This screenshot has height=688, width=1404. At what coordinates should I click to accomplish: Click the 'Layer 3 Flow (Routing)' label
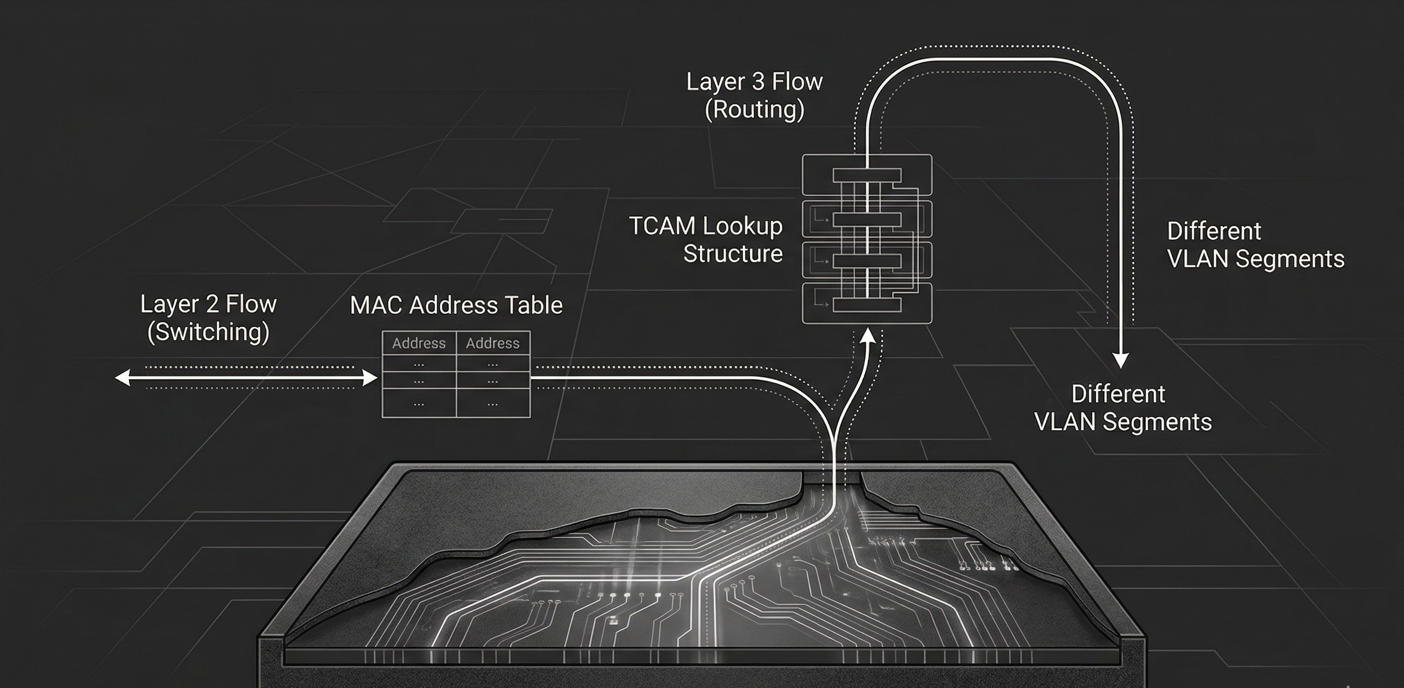pyautogui.click(x=754, y=95)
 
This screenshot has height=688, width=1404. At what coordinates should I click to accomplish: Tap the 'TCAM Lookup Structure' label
pyautogui.click(x=706, y=240)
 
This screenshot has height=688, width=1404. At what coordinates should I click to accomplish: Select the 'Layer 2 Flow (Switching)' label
pyautogui.click(x=208, y=317)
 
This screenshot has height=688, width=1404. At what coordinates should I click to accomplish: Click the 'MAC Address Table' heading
pyautogui.click(x=456, y=305)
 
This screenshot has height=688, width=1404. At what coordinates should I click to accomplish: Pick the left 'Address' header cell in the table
pyautogui.click(x=419, y=343)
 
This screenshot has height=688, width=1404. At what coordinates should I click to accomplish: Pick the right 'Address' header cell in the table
pyautogui.click(x=493, y=343)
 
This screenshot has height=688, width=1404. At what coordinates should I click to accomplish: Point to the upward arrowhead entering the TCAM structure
pyautogui.click(x=868, y=337)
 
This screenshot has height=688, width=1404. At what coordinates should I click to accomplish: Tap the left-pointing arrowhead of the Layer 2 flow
pyautogui.click(x=122, y=378)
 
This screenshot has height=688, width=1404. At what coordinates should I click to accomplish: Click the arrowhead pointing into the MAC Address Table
pyautogui.click(x=370, y=378)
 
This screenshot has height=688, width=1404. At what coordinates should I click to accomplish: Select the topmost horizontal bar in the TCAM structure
pyautogui.click(x=867, y=176)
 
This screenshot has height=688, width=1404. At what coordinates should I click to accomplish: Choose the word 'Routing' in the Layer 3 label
pyautogui.click(x=754, y=110)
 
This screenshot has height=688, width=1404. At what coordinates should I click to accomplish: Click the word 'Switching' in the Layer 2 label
pyautogui.click(x=208, y=332)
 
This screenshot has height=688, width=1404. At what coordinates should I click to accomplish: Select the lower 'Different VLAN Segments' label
pyautogui.click(x=1122, y=408)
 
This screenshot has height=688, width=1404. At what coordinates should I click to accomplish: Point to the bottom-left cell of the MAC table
pyautogui.click(x=419, y=404)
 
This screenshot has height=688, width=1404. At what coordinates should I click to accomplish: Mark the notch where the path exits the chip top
pyautogui.click(x=833, y=478)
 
